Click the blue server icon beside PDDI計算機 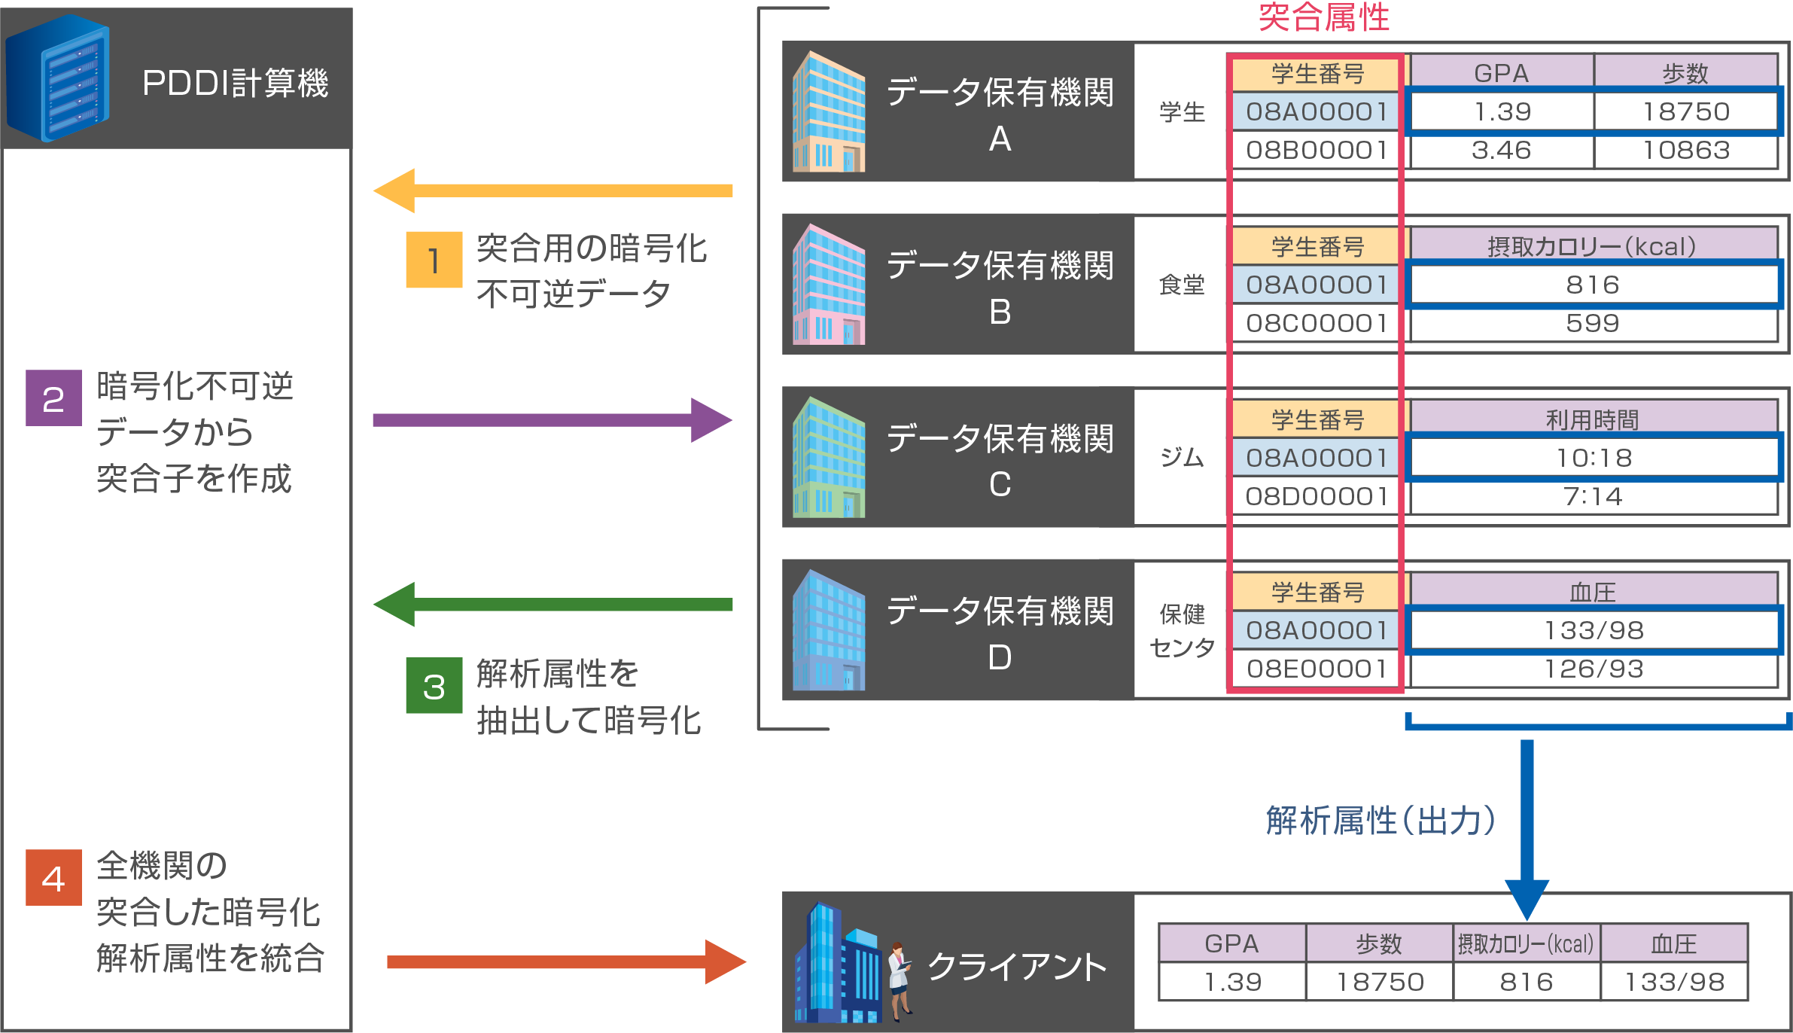pyautogui.click(x=59, y=79)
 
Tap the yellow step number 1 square pyautogui.click(x=434, y=260)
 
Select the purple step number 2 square pyautogui.click(x=53, y=398)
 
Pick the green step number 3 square pyautogui.click(x=434, y=686)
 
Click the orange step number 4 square pyautogui.click(x=53, y=878)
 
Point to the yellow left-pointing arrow pyautogui.click(x=553, y=190)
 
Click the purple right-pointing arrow pyautogui.click(x=553, y=420)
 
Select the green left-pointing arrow pyautogui.click(x=553, y=604)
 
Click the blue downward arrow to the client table pyautogui.click(x=1527, y=828)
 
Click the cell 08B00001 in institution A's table pyautogui.click(x=1316, y=151)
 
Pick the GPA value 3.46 pyautogui.click(x=1501, y=151)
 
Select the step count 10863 pyautogui.click(x=1686, y=151)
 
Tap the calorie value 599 pyautogui.click(x=1593, y=324)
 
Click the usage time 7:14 pyautogui.click(x=1593, y=497)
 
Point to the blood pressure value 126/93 pyautogui.click(x=1593, y=669)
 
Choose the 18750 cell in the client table pyautogui.click(x=1379, y=982)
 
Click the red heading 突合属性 pyautogui.click(x=1323, y=17)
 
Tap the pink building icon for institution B pyautogui.click(x=829, y=285)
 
